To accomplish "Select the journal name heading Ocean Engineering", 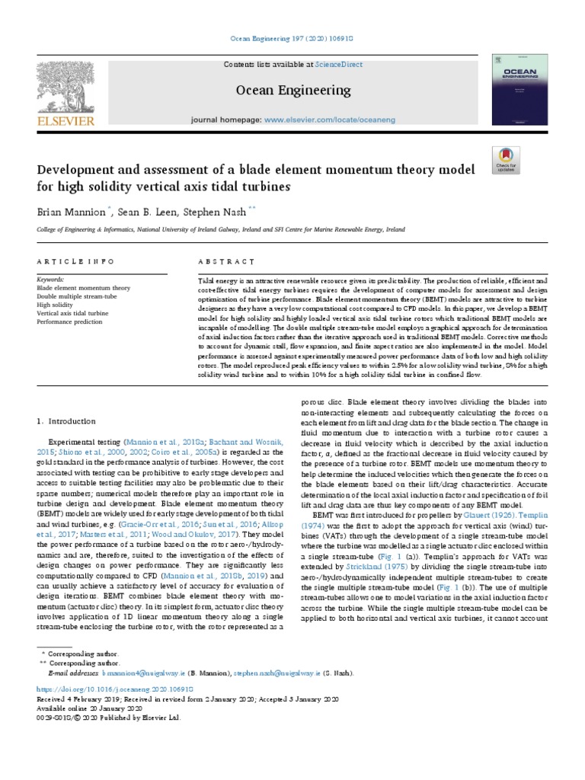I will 292,91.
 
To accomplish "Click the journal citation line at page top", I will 292,38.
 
